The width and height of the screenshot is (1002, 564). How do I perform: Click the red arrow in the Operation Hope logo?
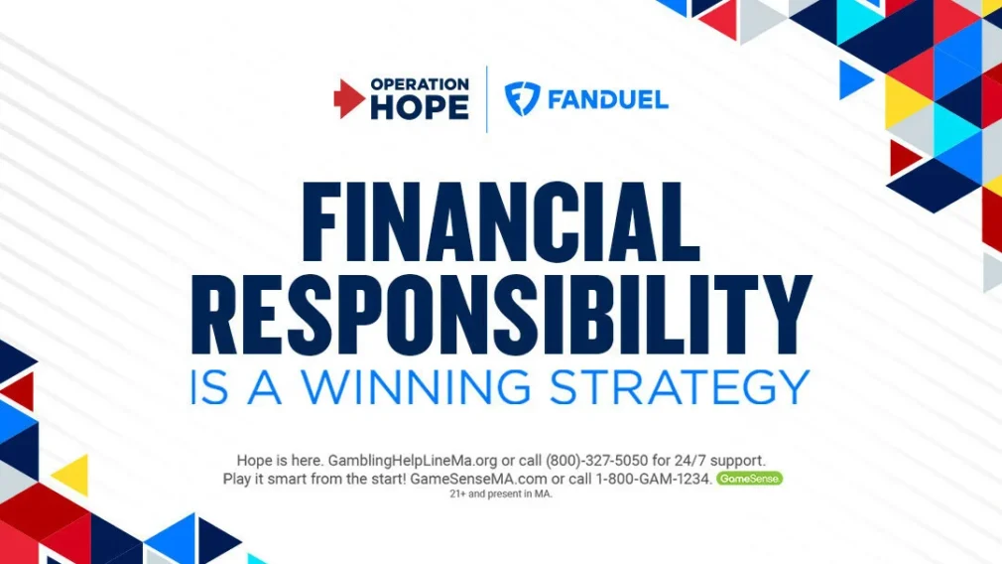[x=349, y=99]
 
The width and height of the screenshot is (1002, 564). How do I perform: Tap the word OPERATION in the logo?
[x=420, y=84]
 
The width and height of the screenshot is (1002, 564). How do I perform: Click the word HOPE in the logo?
[x=420, y=107]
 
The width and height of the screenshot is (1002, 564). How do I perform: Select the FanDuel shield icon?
[x=522, y=99]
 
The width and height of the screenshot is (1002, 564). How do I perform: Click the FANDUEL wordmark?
[x=608, y=99]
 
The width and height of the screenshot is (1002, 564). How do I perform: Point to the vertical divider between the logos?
[x=487, y=99]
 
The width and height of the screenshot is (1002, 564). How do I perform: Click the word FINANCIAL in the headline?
[x=500, y=221]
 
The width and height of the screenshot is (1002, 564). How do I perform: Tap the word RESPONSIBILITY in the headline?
[x=501, y=315]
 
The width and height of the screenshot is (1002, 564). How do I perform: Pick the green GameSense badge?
[x=749, y=479]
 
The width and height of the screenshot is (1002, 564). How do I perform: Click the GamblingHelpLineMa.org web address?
[x=412, y=461]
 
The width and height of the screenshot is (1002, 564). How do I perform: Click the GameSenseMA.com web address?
[x=478, y=479]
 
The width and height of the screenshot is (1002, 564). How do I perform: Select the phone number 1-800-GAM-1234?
[x=653, y=479]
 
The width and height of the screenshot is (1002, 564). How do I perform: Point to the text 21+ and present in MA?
[x=501, y=493]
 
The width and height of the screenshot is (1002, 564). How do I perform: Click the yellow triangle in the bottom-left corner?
[x=71, y=475]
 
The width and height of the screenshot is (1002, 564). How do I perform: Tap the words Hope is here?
[x=280, y=461]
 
